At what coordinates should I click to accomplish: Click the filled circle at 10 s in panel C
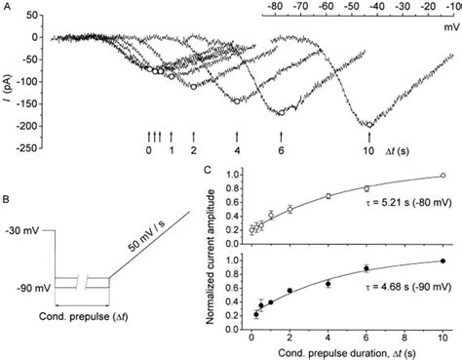(443, 260)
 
